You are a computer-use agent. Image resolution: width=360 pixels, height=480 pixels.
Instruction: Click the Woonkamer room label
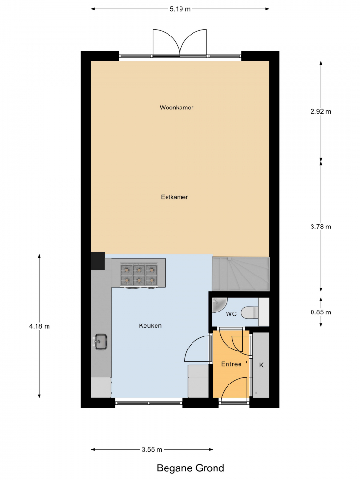click(177, 108)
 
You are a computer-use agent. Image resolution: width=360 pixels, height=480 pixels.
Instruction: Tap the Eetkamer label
click(174, 197)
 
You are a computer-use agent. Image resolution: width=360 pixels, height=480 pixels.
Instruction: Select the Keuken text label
click(150, 326)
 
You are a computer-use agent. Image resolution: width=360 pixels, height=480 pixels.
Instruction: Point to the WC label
click(231, 314)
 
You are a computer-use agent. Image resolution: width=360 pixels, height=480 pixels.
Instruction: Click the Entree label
click(231, 364)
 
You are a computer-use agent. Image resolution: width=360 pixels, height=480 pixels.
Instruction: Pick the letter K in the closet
click(261, 365)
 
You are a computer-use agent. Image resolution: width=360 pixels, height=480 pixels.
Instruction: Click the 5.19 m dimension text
click(180, 9)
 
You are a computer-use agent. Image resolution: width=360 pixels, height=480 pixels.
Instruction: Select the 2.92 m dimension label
click(321, 112)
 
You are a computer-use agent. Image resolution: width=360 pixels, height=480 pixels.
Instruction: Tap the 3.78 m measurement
click(321, 227)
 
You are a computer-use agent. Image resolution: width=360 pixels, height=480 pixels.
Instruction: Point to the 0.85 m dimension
click(321, 312)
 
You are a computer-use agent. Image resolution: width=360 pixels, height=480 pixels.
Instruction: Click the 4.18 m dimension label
click(39, 326)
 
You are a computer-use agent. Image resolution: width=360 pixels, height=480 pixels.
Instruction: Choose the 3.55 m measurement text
click(152, 450)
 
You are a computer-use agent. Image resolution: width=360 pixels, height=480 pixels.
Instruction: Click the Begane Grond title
click(191, 468)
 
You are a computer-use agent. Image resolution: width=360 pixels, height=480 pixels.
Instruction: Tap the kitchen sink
click(100, 342)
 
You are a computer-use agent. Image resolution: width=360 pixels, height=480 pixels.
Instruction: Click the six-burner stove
click(139, 275)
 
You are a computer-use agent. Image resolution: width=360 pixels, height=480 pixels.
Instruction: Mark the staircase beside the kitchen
click(241, 274)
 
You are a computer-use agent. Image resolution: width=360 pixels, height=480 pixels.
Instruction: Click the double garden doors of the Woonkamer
click(180, 43)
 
